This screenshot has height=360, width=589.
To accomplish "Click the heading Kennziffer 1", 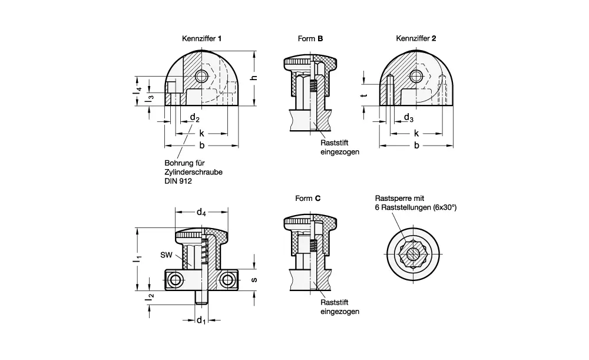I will point(202,38).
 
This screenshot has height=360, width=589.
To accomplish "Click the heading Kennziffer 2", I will point(416,38).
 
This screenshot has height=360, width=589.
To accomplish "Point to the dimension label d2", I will point(194,118).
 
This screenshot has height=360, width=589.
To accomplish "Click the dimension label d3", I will point(408,118).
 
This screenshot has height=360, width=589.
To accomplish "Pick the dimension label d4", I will point(201,212).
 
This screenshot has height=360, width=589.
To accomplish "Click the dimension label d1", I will point(201,321).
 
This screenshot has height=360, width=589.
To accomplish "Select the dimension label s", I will point(254,279).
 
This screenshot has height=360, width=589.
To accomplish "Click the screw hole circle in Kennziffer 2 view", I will point(417,76).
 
